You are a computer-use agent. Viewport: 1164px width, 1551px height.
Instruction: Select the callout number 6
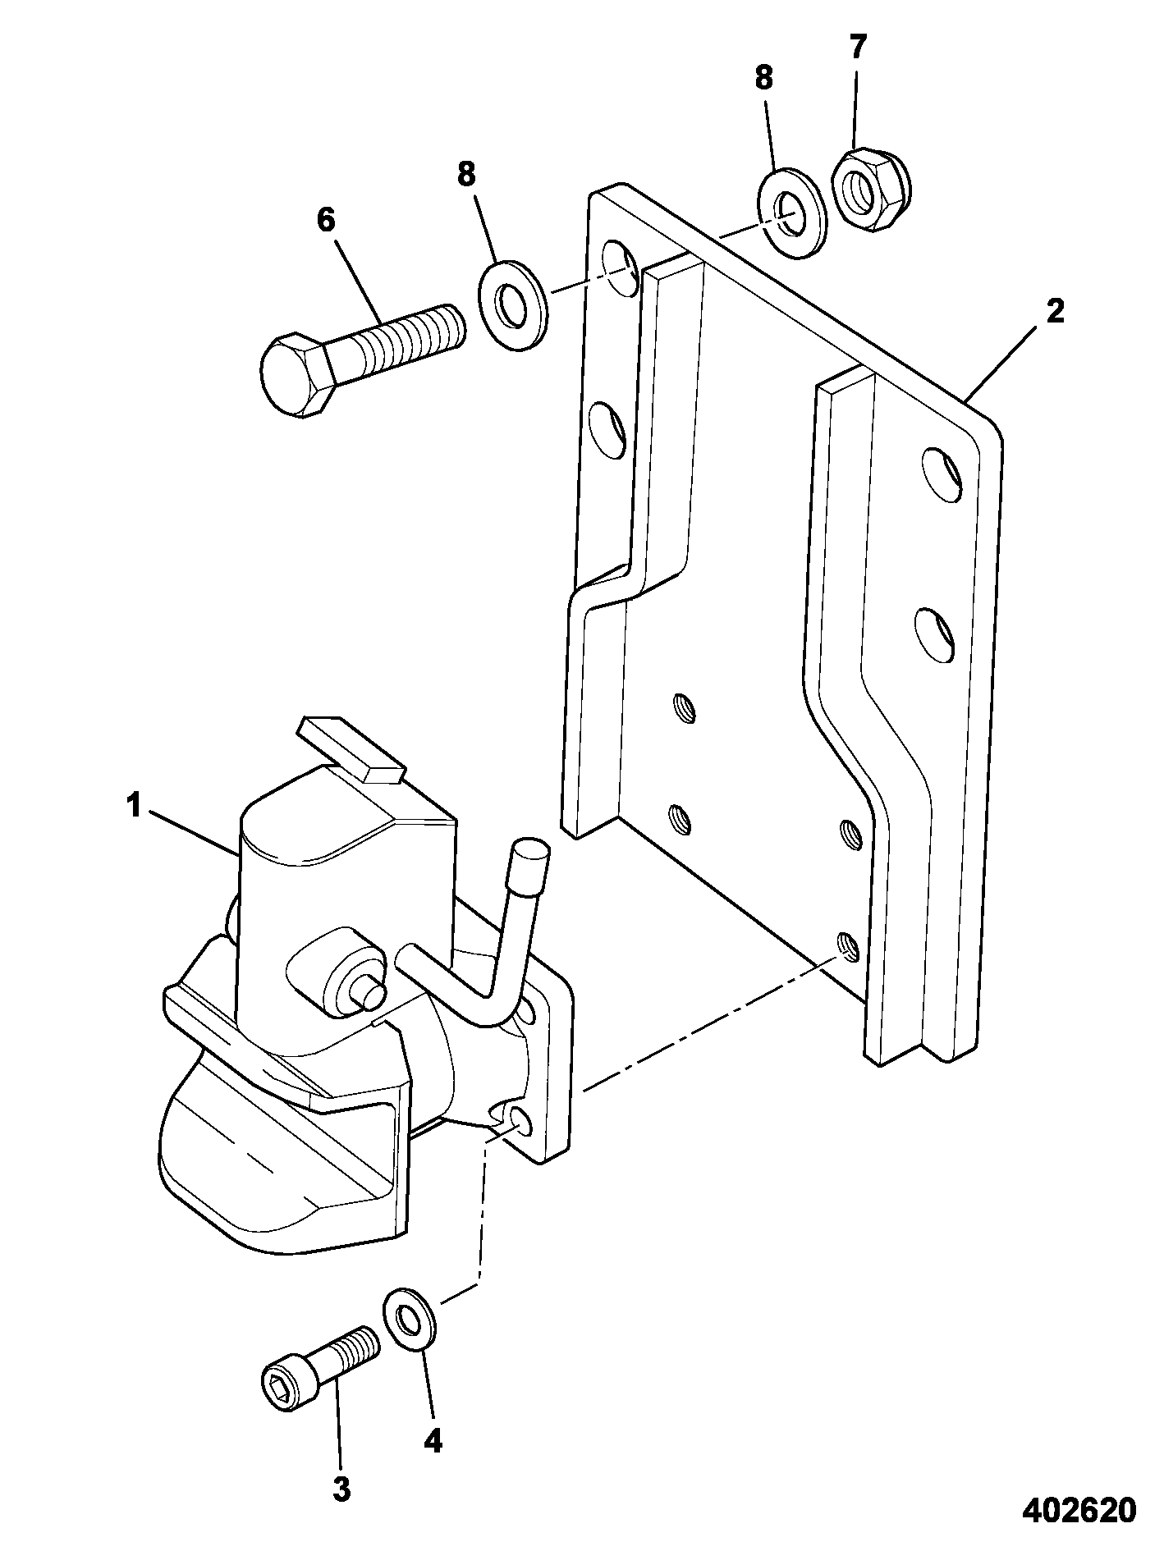(x=325, y=221)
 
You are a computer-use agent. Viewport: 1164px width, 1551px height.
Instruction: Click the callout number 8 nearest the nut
(x=763, y=79)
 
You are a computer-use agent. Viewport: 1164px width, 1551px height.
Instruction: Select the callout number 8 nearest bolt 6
(x=466, y=174)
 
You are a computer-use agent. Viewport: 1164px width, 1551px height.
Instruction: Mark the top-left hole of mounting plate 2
(x=619, y=268)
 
